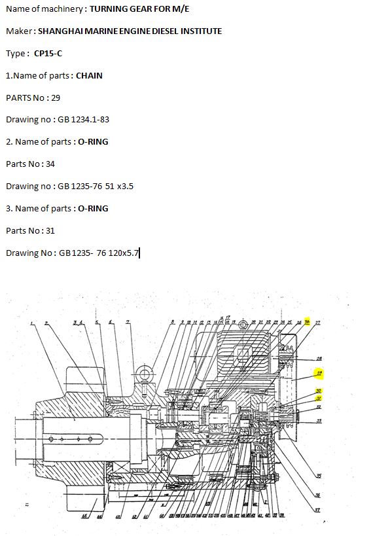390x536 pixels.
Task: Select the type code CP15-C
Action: click(48, 53)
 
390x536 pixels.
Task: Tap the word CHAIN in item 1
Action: click(89, 75)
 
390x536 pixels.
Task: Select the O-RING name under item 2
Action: click(93, 141)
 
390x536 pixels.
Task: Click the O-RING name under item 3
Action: click(93, 208)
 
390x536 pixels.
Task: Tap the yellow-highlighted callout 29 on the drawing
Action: click(319, 374)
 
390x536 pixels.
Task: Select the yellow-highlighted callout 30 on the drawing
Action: click(319, 391)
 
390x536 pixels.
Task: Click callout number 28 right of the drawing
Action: click(319, 359)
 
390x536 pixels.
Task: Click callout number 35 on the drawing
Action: click(319, 475)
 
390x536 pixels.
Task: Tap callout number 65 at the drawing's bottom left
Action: click(84, 516)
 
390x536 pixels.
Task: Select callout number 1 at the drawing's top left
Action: click(31, 323)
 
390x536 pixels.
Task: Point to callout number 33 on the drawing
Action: click(319, 420)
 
